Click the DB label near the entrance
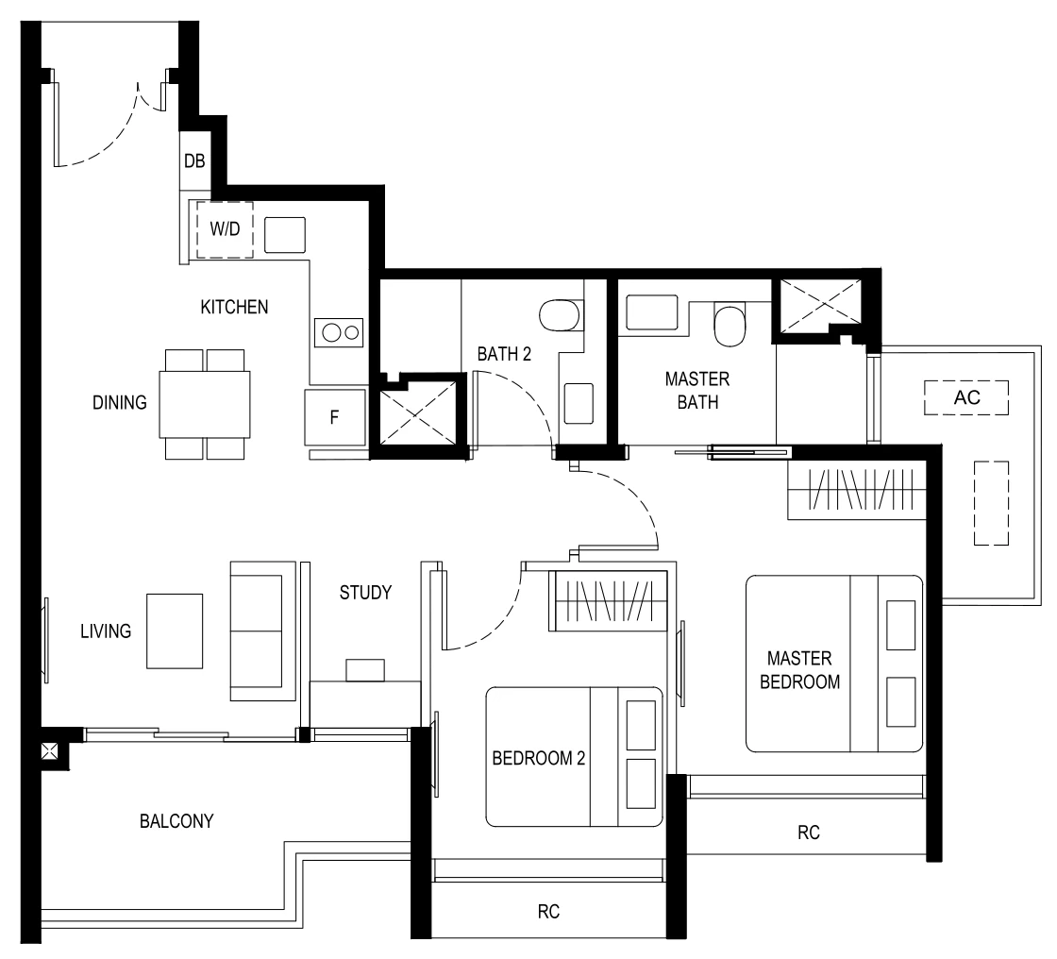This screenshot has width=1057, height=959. click(193, 161)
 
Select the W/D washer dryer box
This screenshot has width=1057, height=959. click(224, 229)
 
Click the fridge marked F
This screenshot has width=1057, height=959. click(334, 417)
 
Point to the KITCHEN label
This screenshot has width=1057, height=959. click(235, 307)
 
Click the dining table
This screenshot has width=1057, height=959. click(205, 403)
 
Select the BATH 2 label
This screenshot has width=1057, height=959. click(503, 355)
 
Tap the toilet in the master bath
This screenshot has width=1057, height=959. click(730, 324)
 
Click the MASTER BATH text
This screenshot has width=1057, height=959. click(696, 391)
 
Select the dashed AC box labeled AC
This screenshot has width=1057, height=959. click(967, 397)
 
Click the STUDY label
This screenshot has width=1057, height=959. click(365, 593)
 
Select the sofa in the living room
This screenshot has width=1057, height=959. click(257, 631)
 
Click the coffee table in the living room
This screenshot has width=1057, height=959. click(174, 631)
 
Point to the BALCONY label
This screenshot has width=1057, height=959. click(176, 820)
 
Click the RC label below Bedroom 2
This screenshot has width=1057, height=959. click(549, 912)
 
